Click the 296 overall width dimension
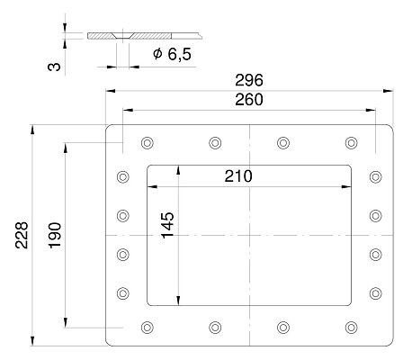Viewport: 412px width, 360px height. pyautogui.click(x=249, y=80)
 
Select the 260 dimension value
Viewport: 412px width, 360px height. pyautogui.click(x=249, y=100)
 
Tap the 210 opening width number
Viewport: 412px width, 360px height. pyautogui.click(x=238, y=176)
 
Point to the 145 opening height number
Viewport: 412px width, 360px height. pyautogui.click(x=167, y=225)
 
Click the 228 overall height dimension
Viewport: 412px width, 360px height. pyautogui.click(x=22, y=235)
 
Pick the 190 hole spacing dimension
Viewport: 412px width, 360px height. pyautogui.click(x=55, y=235)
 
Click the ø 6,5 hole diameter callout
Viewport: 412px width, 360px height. pyautogui.click(x=172, y=54)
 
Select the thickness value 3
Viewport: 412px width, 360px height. pyautogui.click(x=54, y=67)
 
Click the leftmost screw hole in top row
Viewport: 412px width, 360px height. pyautogui.click(x=148, y=143)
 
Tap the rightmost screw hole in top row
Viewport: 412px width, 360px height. pyautogui.click(x=351, y=143)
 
